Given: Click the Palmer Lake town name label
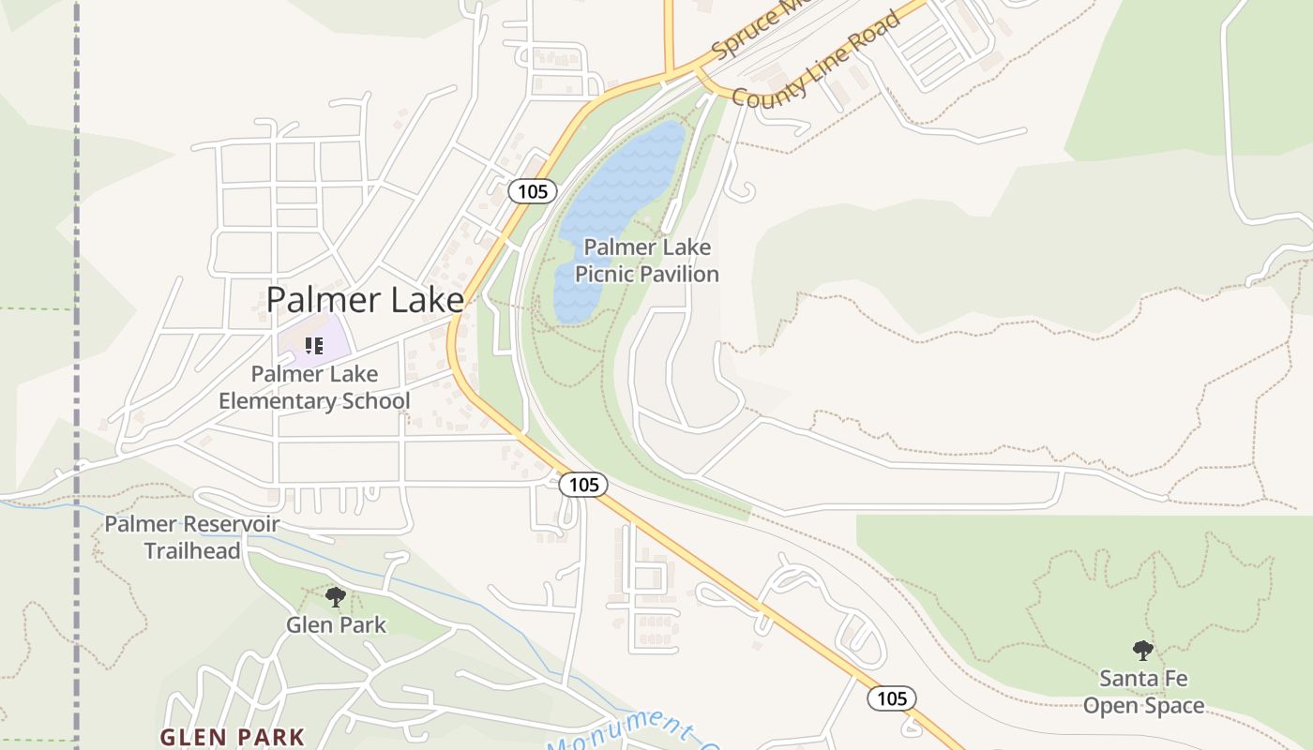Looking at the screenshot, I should click(x=365, y=300).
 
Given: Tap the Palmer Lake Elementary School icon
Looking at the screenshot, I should click(x=314, y=346).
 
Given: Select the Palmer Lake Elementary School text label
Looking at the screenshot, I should click(x=314, y=387).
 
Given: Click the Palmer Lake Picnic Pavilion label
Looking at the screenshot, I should click(x=647, y=261).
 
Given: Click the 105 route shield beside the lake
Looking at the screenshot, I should click(x=532, y=191).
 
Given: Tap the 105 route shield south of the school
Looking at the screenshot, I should click(x=582, y=485).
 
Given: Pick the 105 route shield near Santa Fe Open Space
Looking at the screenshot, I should click(x=891, y=698).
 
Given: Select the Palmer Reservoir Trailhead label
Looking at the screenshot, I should click(x=191, y=537).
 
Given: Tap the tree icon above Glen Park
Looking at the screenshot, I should click(x=335, y=596).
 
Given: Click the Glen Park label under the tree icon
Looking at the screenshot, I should click(x=336, y=624).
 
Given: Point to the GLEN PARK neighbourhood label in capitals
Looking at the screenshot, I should click(x=232, y=737).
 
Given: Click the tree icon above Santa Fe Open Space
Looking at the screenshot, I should click(x=1142, y=649).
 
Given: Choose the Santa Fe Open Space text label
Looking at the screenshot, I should click(x=1143, y=692).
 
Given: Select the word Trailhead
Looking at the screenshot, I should click(x=191, y=550).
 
